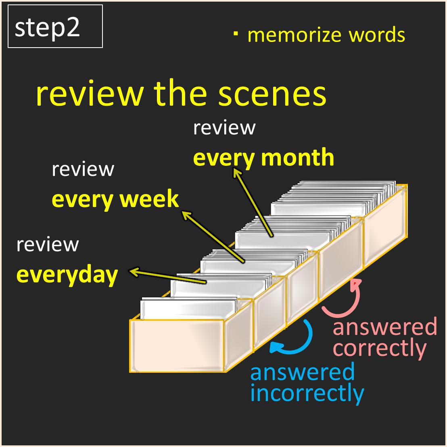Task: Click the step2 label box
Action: [x=55, y=26]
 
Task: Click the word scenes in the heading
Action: [x=272, y=94]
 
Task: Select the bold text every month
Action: [x=263, y=158]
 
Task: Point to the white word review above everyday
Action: [x=48, y=244]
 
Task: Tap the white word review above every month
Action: [x=224, y=128]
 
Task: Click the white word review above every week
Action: [x=83, y=169]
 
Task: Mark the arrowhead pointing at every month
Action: [x=237, y=173]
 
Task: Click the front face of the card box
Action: [x=177, y=346]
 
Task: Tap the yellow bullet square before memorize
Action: [x=236, y=33]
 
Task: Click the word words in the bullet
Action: [x=377, y=35]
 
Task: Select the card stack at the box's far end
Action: [x=334, y=198]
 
